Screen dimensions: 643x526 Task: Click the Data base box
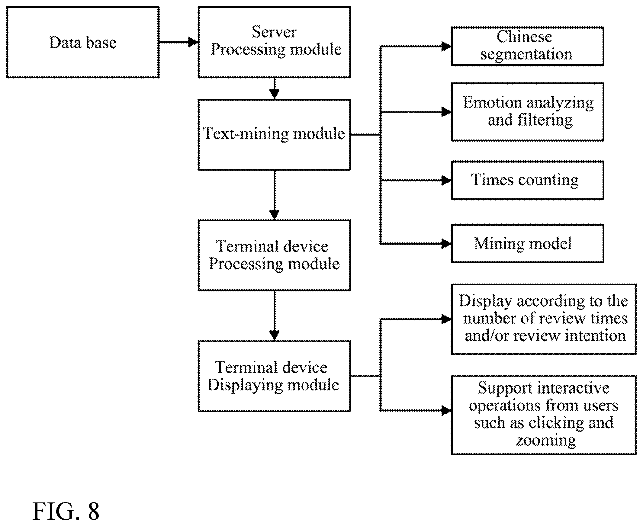83,42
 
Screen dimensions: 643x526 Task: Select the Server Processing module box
274,42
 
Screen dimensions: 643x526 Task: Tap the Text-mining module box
274,135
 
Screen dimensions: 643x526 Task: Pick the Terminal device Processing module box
274,255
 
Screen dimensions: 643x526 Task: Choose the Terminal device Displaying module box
274,376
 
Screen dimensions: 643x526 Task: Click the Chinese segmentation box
527,47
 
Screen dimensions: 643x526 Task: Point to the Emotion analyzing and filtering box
527,112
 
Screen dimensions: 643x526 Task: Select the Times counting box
527,180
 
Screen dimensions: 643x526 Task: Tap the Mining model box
527,244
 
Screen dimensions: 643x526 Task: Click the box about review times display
544,319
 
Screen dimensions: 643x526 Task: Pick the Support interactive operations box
544,415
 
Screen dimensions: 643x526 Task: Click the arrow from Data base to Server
179,42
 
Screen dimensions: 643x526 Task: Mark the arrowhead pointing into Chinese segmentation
446,47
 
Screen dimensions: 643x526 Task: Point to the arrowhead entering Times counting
446,180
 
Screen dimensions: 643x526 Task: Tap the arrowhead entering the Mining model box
446,244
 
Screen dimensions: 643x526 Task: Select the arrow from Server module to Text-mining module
275,88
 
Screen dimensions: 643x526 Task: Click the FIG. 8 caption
66,511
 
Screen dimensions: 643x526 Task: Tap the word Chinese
524,37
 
